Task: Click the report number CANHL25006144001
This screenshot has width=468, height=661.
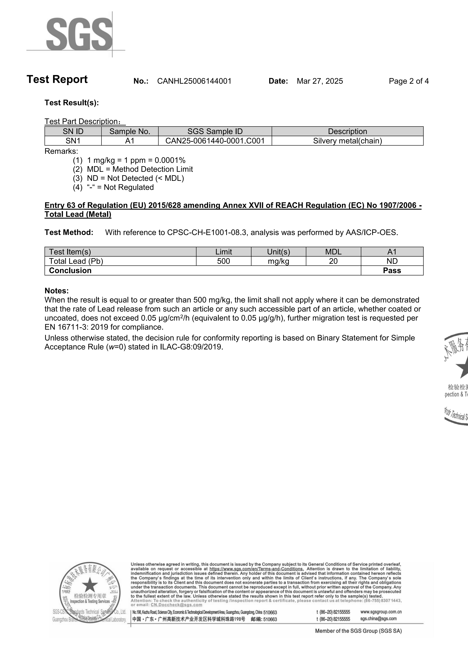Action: pyautogui.click(x=194, y=81)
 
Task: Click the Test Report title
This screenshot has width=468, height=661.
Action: pyautogui.click(x=57, y=79)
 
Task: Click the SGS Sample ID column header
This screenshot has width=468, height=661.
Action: pyautogui.click(x=215, y=132)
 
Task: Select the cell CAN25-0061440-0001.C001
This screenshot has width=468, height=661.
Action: pyautogui.click(x=215, y=141)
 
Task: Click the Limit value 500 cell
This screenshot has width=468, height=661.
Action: pyautogui.click(x=224, y=261)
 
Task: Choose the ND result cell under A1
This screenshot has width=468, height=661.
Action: pyautogui.click(x=392, y=261)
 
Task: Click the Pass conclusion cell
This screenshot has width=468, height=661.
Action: pyautogui.click(x=392, y=271)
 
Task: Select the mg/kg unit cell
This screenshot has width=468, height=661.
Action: pyautogui.click(x=278, y=261)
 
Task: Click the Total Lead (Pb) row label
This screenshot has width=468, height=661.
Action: pyautogui.click(x=76, y=261)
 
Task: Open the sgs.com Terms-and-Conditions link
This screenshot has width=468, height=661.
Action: pyautogui.click(x=256, y=569)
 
